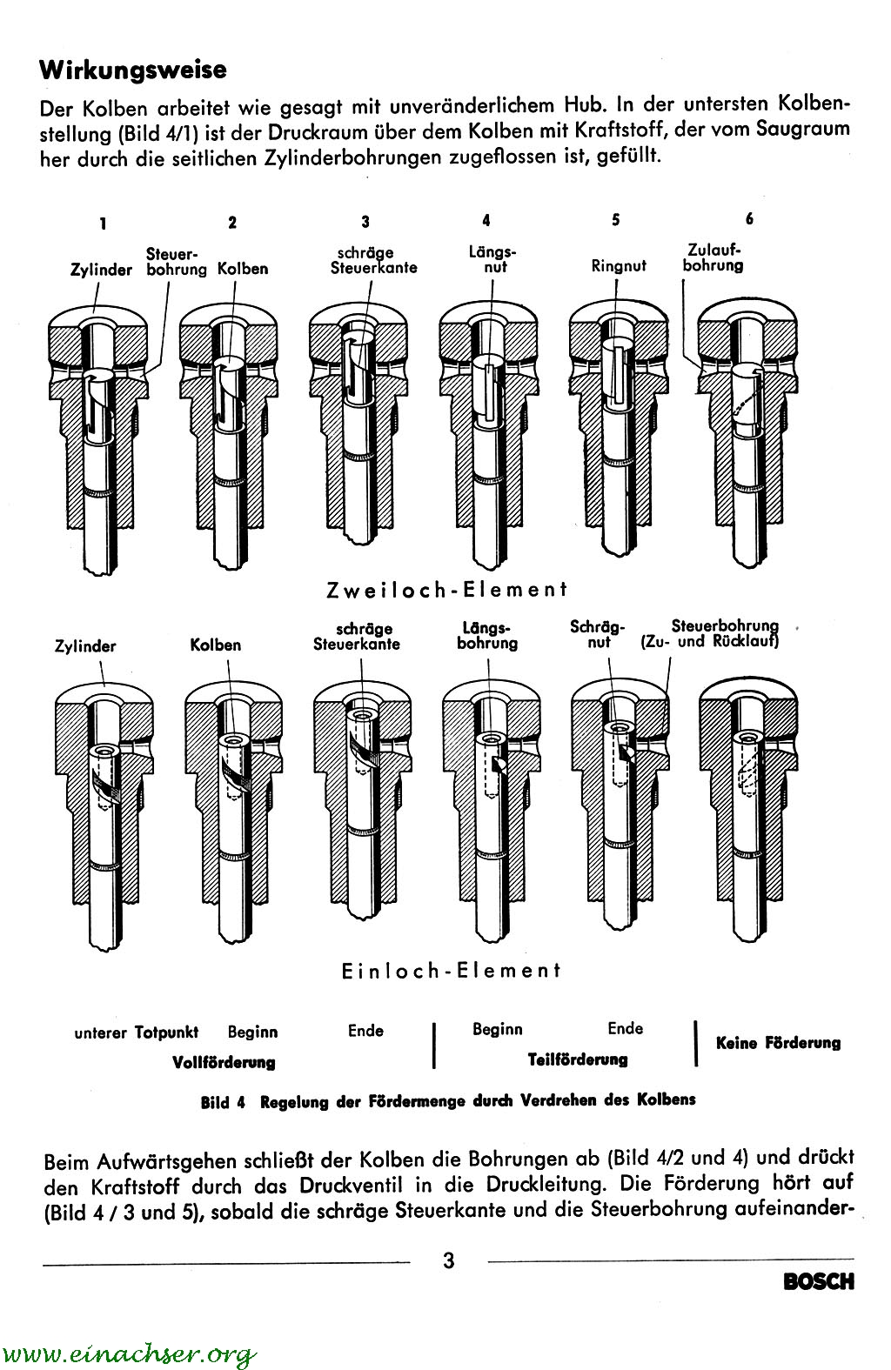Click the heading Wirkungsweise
(133, 69)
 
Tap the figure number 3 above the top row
(365, 223)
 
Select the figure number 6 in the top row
(749, 219)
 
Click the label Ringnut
(619, 266)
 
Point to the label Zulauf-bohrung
(713, 258)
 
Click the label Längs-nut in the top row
(492, 260)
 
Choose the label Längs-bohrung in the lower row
(487, 636)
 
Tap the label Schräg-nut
(598, 634)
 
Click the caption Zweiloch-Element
(446, 589)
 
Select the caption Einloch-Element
(452, 970)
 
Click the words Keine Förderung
(778, 1042)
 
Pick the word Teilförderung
(578, 1059)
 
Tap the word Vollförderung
(224, 1062)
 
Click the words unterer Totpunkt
(136, 1033)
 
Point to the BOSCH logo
(818, 1281)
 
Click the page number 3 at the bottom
(449, 1260)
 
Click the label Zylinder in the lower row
(85, 646)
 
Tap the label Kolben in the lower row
(216, 645)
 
